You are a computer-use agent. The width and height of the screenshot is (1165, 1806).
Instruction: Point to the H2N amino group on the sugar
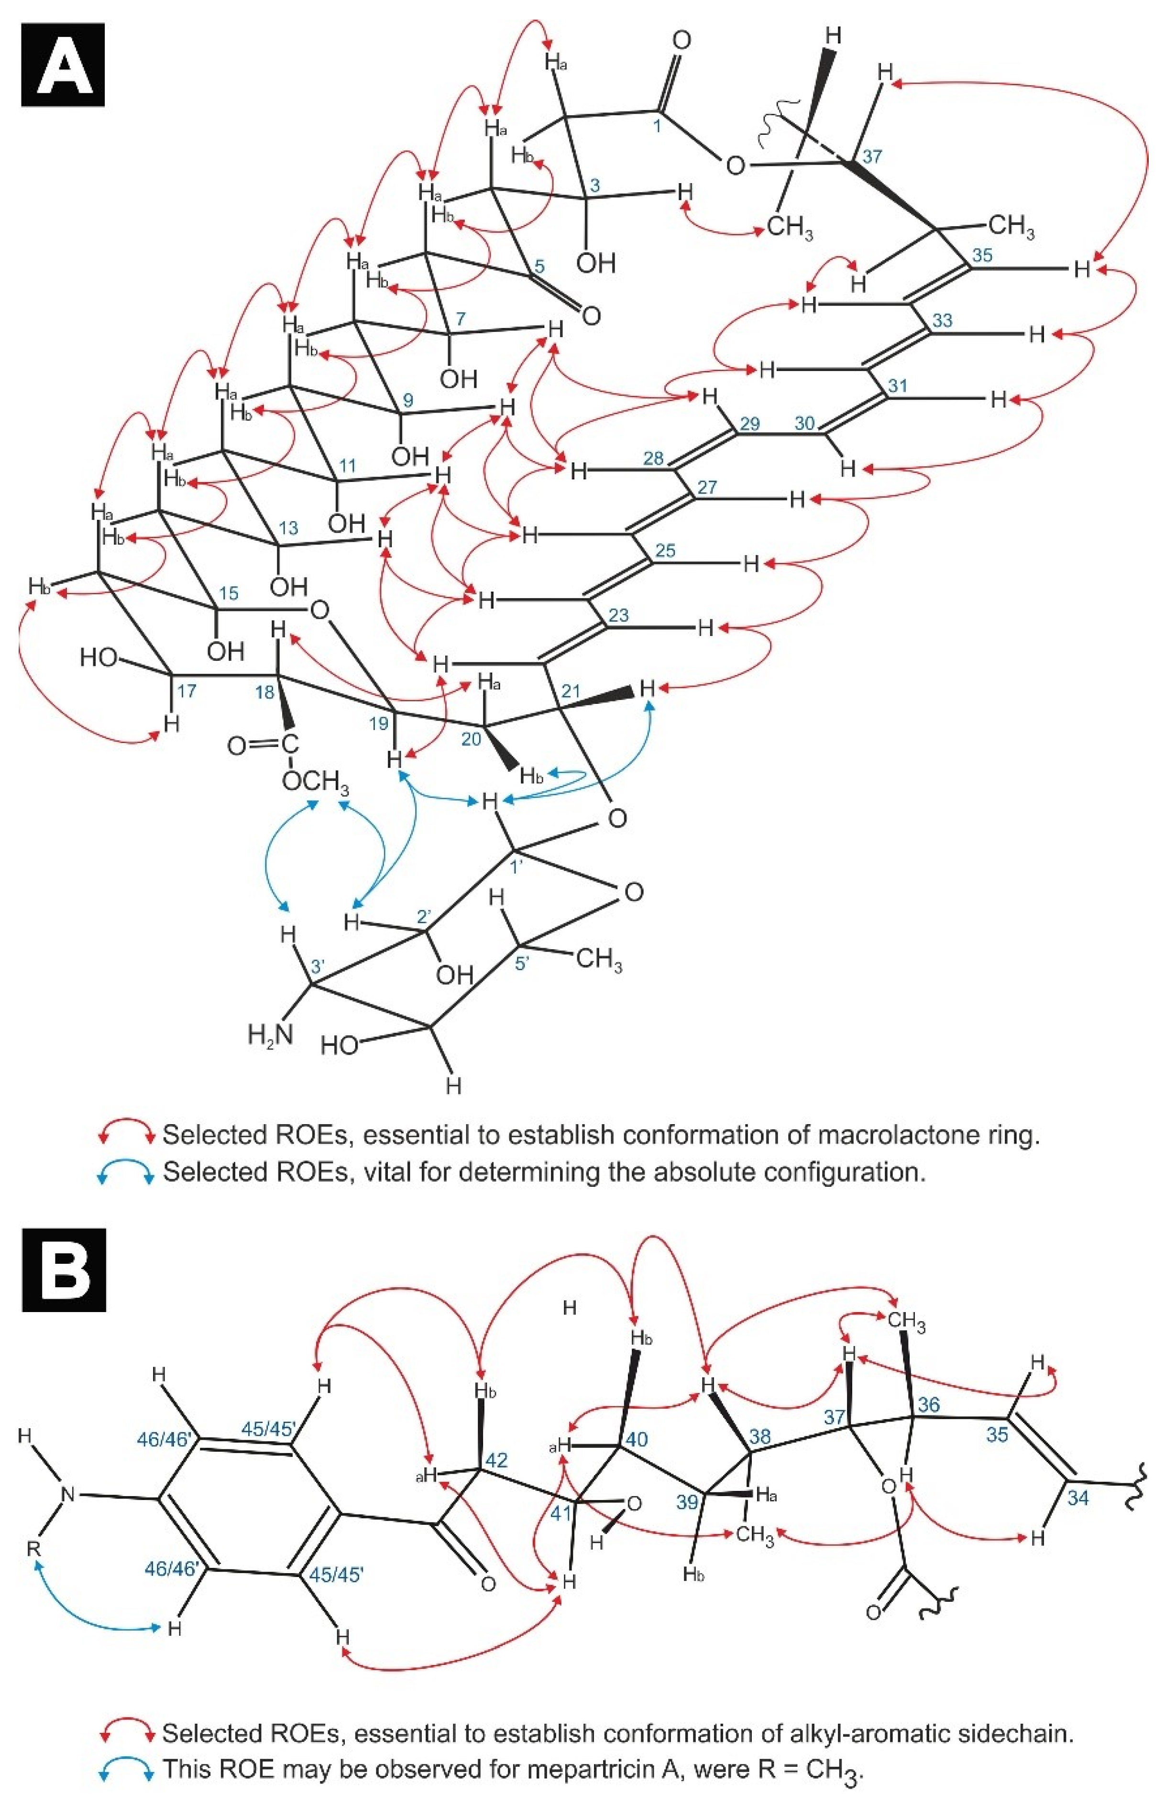click(270, 1034)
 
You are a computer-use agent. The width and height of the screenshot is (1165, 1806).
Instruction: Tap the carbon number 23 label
click(618, 615)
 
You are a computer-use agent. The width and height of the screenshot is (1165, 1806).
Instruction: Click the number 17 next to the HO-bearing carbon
click(186, 691)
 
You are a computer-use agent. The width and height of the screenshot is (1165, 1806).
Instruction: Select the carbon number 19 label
click(378, 724)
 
